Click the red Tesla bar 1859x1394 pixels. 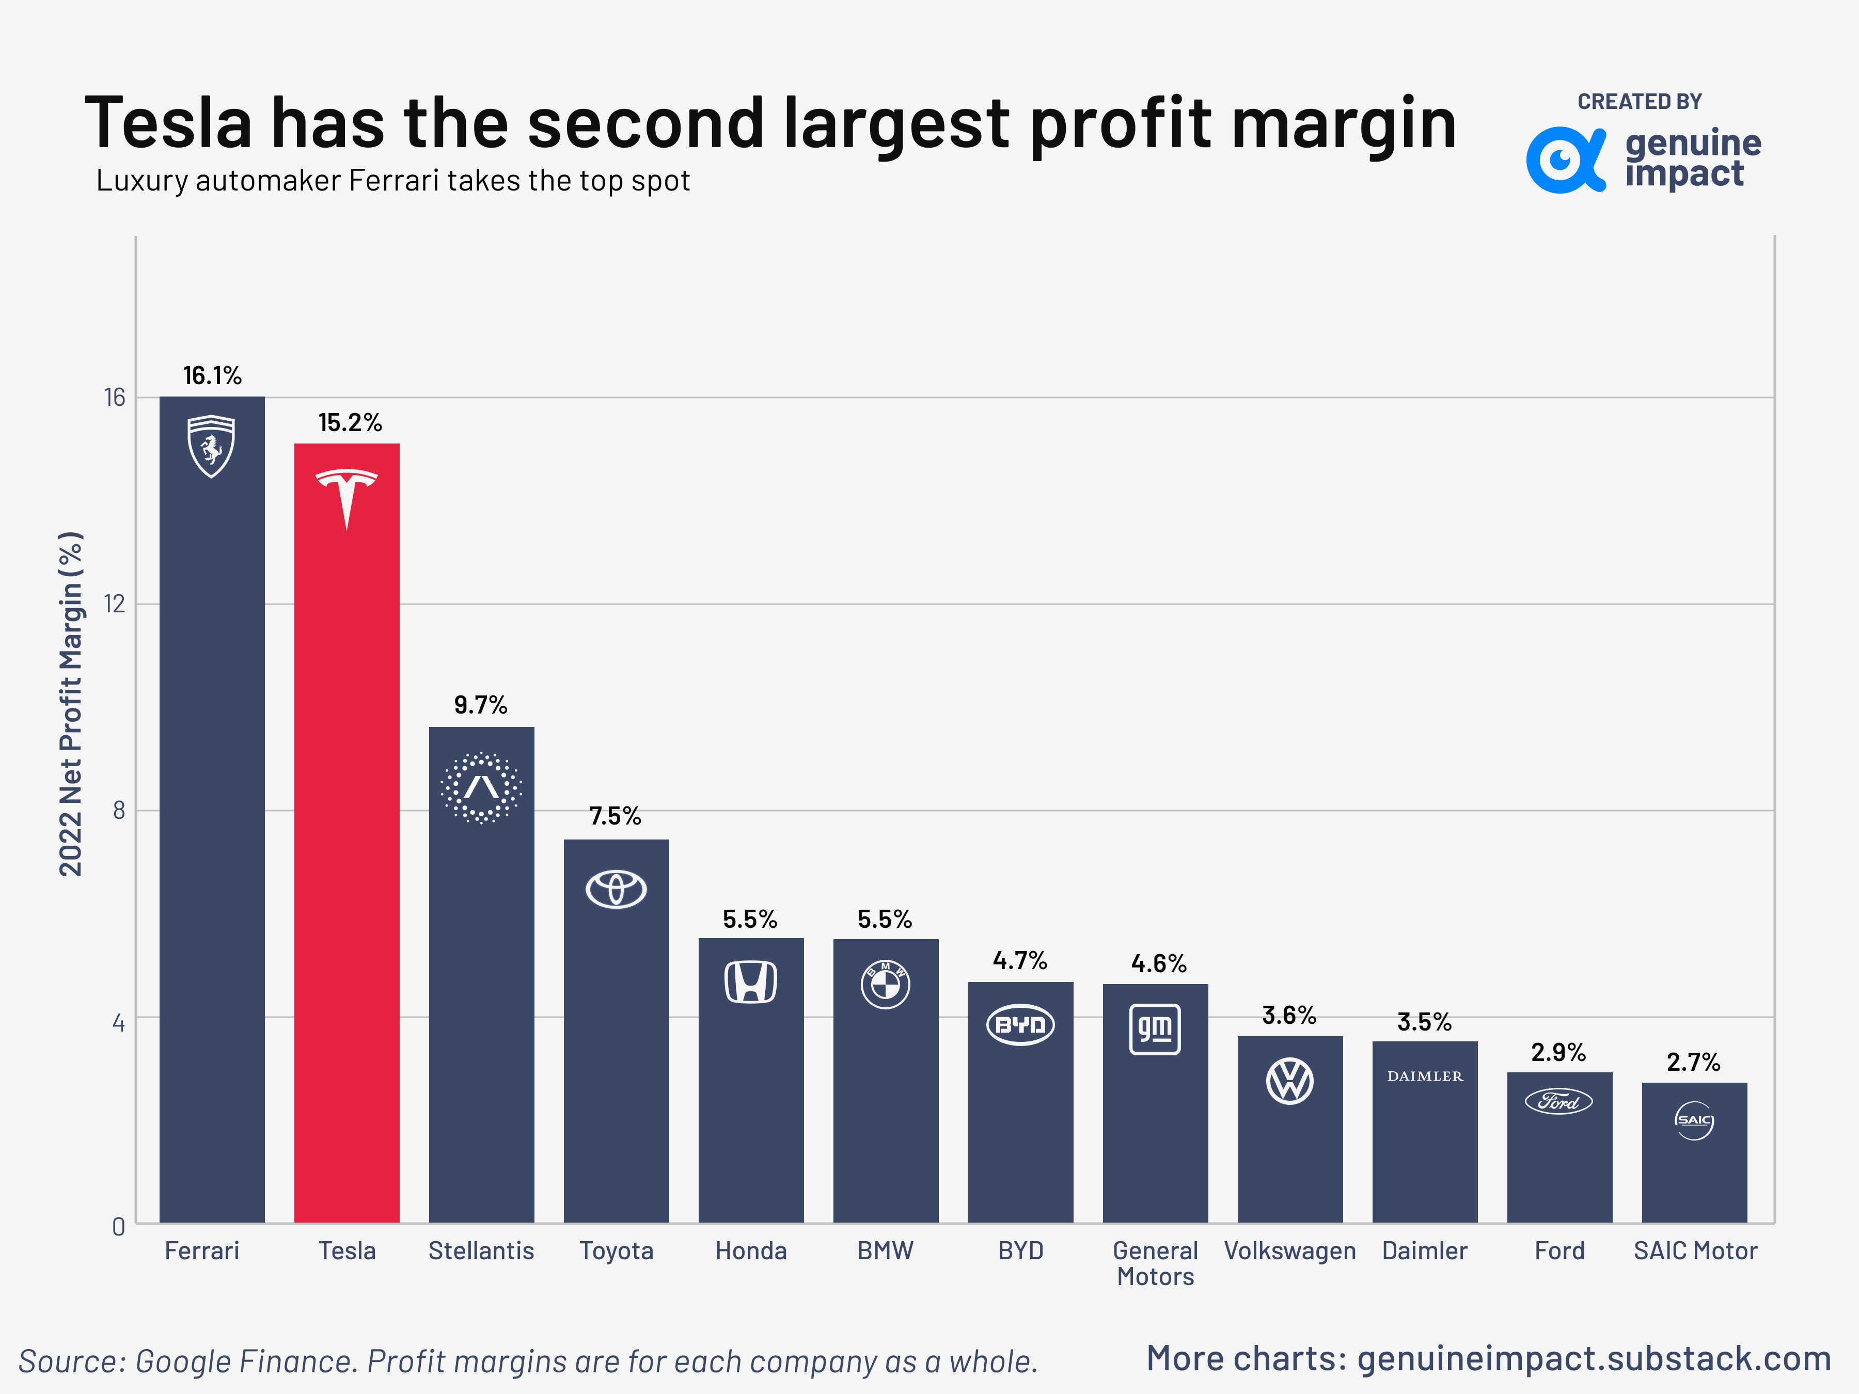coord(346,840)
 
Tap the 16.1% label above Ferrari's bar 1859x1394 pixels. coord(212,375)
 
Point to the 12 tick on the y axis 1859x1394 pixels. coord(114,604)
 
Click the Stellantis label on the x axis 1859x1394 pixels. coord(481,1250)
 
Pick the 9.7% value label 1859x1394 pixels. coord(481,705)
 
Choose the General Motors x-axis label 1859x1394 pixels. coord(1155,1263)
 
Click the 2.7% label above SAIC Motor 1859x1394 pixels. coord(1693,1062)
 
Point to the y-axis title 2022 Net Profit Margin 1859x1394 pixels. coord(71,704)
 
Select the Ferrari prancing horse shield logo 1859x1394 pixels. coord(211,446)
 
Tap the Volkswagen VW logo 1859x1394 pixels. coord(1289,1082)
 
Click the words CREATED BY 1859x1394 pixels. coord(1639,102)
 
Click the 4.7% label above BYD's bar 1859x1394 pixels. coord(1019,960)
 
